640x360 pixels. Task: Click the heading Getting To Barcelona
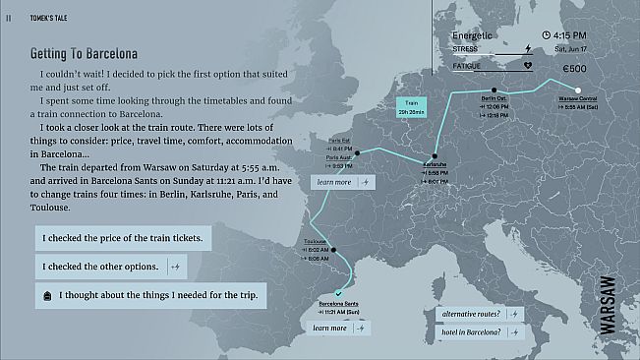(x=84, y=53)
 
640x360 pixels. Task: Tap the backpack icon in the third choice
(x=47, y=295)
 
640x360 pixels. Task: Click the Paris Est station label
(x=339, y=140)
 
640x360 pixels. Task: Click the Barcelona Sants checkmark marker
(x=338, y=293)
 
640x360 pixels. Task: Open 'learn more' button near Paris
(x=342, y=182)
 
